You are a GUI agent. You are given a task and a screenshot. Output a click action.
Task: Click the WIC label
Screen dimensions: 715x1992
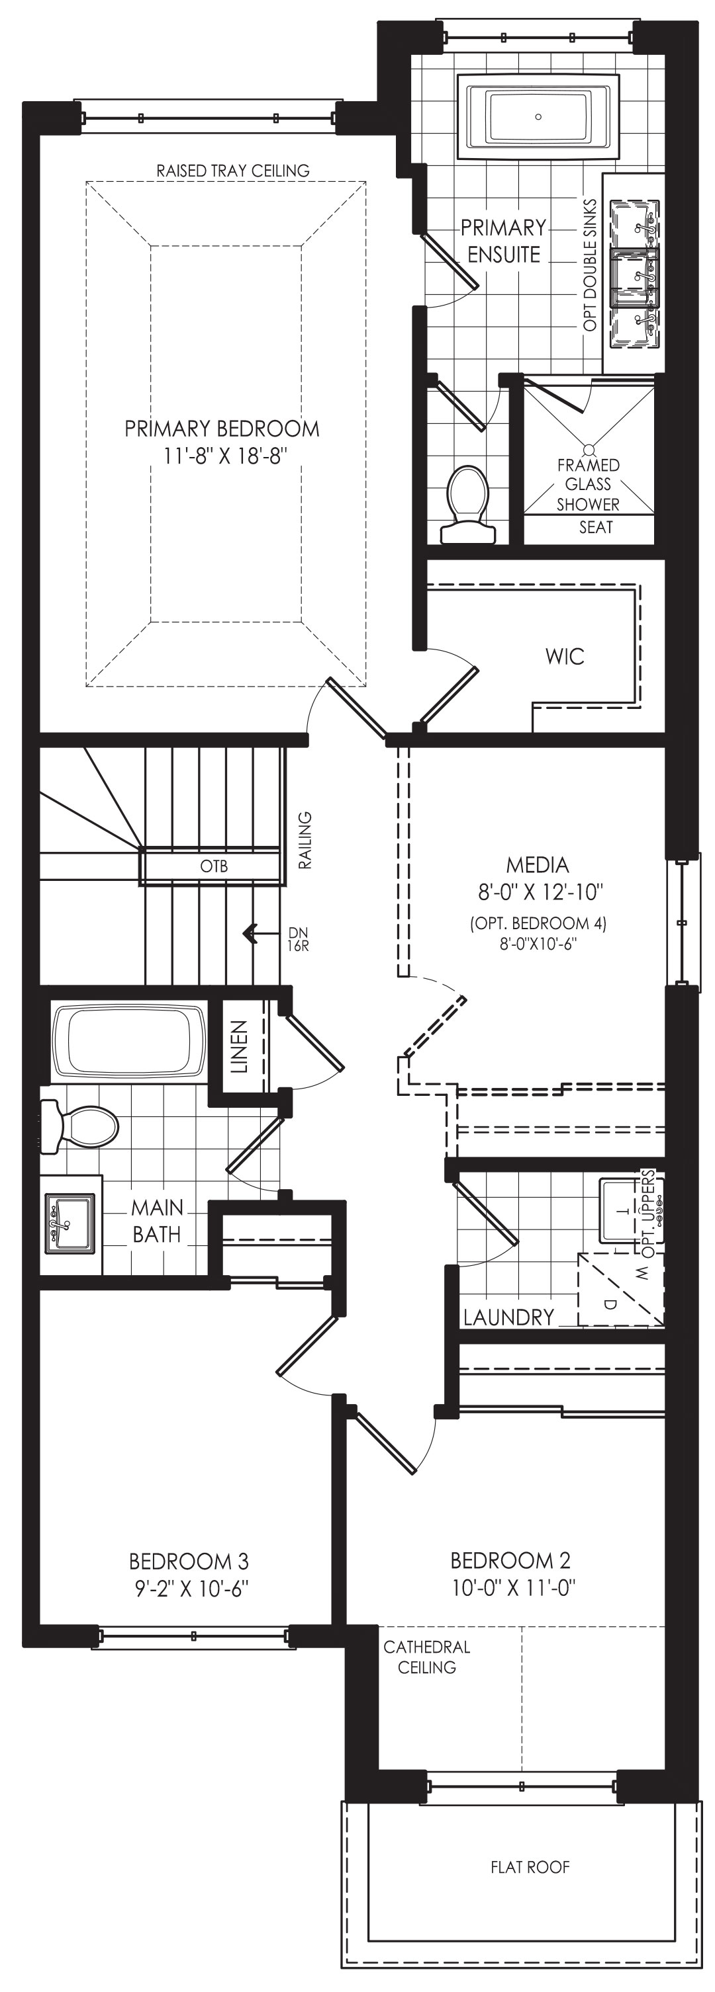click(565, 657)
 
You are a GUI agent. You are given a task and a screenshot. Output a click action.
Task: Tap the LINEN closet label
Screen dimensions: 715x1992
click(240, 1047)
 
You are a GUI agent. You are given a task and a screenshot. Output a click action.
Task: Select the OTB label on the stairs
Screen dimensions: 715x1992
click(214, 866)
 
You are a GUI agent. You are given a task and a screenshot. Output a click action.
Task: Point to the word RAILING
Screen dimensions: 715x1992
click(305, 841)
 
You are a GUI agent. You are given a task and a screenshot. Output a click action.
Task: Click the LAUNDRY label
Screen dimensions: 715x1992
click(508, 1317)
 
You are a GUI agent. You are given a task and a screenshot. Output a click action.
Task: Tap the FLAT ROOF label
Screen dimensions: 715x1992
click(530, 1867)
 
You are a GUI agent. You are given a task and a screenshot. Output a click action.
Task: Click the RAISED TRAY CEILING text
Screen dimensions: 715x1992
click(233, 170)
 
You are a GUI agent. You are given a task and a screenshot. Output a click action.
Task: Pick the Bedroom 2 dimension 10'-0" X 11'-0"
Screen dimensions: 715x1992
click(514, 1587)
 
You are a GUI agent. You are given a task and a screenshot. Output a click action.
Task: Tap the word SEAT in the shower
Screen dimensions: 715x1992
click(596, 527)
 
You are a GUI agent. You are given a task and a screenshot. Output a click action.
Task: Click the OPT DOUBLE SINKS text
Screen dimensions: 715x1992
click(591, 265)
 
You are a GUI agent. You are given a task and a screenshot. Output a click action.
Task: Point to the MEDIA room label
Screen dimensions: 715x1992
click(538, 864)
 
